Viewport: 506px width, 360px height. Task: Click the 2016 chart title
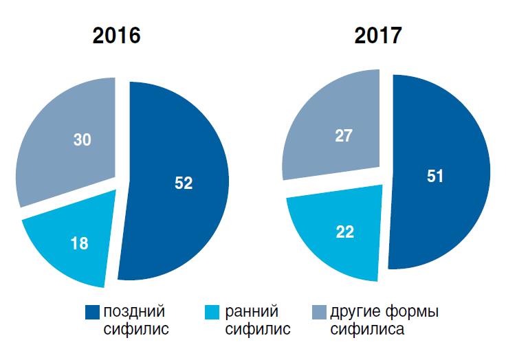(x=116, y=35)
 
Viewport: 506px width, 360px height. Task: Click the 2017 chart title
(x=377, y=35)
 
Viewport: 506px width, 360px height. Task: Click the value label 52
(x=184, y=183)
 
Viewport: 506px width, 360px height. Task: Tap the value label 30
(x=82, y=139)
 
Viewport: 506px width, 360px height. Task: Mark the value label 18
(x=80, y=244)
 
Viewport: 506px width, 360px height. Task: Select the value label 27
(x=344, y=136)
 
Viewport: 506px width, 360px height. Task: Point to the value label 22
(x=345, y=232)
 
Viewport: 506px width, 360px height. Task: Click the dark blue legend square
(x=91, y=313)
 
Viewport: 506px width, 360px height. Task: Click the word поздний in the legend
(x=134, y=313)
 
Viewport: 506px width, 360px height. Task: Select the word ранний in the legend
(x=252, y=313)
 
